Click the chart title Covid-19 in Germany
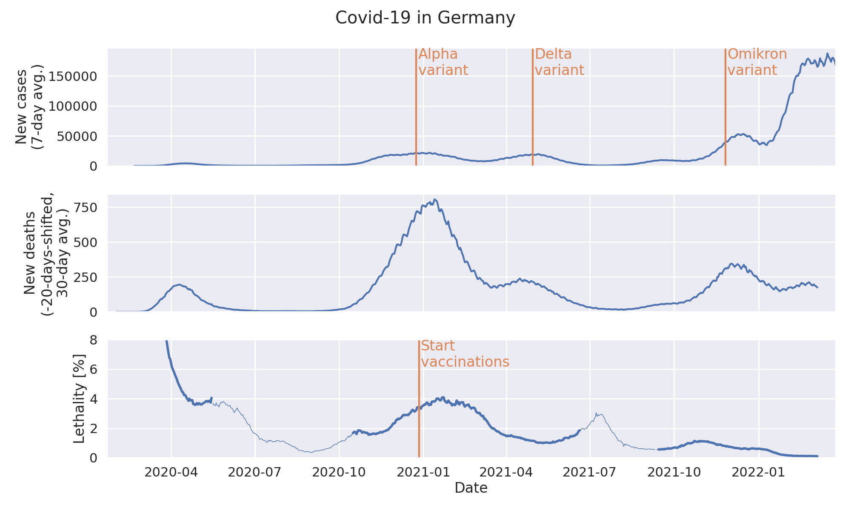[x=425, y=18]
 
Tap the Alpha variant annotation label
[x=443, y=62]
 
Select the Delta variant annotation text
[x=559, y=62]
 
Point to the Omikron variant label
[x=757, y=62]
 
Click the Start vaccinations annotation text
[x=465, y=354]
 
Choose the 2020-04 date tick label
[x=171, y=472]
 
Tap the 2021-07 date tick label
[x=591, y=472]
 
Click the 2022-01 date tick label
[x=759, y=472]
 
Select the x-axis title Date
[x=471, y=488]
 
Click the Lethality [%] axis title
[x=79, y=399]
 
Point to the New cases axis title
[x=29, y=107]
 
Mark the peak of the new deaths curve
[x=434, y=199]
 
